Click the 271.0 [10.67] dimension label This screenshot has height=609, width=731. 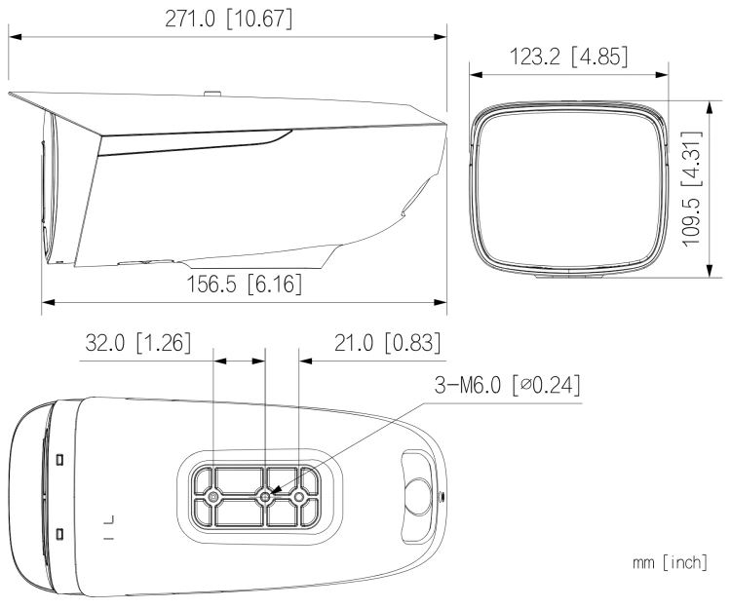229,19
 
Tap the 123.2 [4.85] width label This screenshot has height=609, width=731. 569,57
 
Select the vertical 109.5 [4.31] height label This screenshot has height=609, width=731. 692,189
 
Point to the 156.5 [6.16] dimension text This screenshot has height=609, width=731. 244,284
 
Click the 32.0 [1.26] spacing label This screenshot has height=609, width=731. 138,343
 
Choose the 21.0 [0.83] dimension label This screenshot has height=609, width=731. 387,343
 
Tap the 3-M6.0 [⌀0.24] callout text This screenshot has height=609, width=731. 508,385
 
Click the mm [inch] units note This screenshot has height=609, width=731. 670,562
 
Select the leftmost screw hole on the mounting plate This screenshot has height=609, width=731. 213,498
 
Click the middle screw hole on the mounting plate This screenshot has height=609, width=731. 265,498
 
